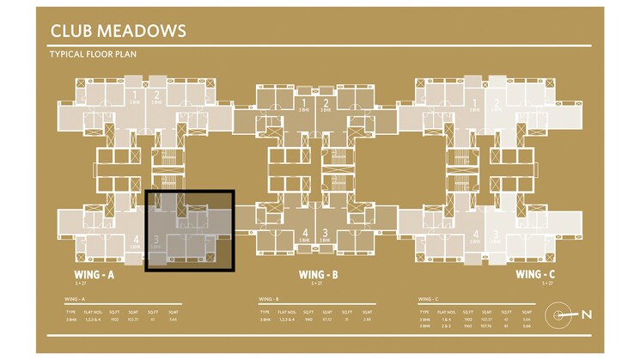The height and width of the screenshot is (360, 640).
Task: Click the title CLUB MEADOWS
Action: [118, 32]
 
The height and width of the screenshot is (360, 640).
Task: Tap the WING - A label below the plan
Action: [93, 275]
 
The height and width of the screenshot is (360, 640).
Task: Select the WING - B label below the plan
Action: [317, 275]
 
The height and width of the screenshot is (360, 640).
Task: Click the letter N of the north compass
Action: [586, 314]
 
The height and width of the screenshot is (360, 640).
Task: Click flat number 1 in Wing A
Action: [135, 95]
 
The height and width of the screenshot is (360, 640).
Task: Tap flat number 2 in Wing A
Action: [156, 95]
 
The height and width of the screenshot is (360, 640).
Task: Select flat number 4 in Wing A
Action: [136, 240]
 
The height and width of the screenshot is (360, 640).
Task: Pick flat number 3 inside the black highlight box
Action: [156, 240]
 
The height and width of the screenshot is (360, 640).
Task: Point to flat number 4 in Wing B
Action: [306, 233]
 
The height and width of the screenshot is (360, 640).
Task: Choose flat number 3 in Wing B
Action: [326, 233]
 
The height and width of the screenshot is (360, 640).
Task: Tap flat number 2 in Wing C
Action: [497, 104]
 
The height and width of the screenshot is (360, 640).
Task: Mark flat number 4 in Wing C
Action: [477, 233]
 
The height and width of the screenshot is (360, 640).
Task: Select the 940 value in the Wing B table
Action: [308, 320]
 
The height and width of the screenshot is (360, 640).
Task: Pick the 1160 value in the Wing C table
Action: [467, 326]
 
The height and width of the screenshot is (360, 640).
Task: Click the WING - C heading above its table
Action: [428, 299]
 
